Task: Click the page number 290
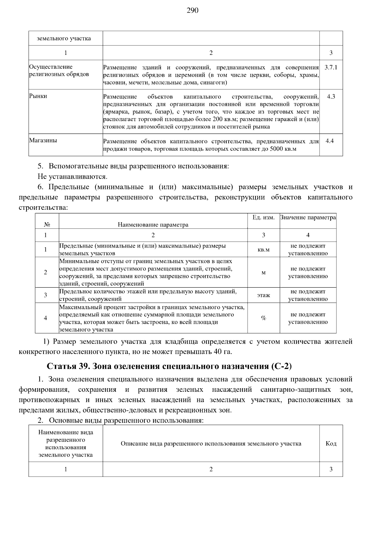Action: pos(193,11)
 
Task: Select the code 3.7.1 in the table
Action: pos(331,67)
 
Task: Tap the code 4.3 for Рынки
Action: pos(331,96)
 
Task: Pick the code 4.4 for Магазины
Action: pos(330,141)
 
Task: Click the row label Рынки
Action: pos(38,96)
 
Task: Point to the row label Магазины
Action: pos(43,140)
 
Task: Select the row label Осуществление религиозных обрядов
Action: pos(59,71)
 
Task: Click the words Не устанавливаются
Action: pos(72,177)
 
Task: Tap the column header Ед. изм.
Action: pos(263,218)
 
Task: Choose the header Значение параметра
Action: pos(308,218)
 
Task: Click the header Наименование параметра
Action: pos(153,225)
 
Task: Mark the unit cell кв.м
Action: pos(263,249)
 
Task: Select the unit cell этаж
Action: pos(263,295)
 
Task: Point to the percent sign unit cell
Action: pos(263,318)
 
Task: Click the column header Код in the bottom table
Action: pos(331,443)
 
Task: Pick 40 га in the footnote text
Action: pos(223,351)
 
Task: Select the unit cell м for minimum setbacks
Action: pos(263,272)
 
